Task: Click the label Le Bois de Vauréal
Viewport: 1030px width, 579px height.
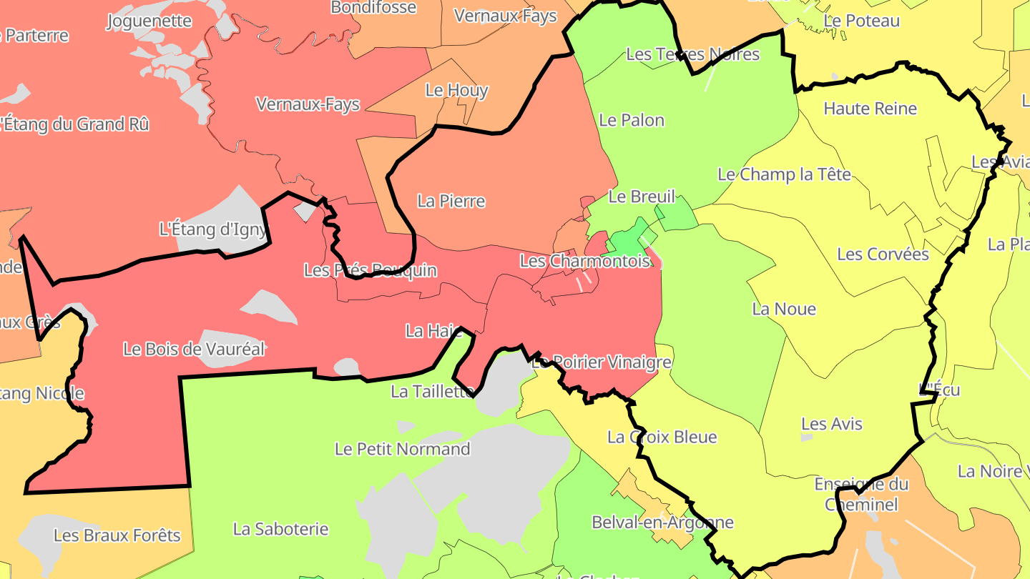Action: tap(194, 350)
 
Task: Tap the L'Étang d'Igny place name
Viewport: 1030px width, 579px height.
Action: tap(212, 229)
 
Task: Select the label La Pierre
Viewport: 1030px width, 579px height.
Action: tap(451, 202)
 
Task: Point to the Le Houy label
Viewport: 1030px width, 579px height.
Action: tap(456, 91)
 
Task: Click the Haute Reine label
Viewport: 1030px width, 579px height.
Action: tap(870, 109)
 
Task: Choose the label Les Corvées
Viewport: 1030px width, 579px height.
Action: tap(883, 254)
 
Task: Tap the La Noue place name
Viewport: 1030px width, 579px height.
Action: tap(784, 310)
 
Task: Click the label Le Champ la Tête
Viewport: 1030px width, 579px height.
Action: tap(784, 174)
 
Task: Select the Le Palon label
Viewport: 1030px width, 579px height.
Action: tap(632, 120)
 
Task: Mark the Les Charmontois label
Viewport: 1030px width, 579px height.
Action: tap(584, 261)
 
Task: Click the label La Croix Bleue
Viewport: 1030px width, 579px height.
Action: tap(662, 437)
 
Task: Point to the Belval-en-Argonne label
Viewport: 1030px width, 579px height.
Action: tap(662, 523)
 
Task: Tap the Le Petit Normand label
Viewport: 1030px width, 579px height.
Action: tap(402, 449)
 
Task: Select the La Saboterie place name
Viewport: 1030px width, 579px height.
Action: tap(280, 529)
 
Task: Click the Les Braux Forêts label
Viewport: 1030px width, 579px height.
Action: tap(117, 535)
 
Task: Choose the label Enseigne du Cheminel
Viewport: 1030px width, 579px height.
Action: tap(861, 494)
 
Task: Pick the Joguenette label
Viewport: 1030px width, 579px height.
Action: tap(149, 21)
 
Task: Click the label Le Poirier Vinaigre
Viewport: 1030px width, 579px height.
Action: tap(601, 362)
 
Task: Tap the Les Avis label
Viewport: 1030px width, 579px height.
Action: tap(831, 424)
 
